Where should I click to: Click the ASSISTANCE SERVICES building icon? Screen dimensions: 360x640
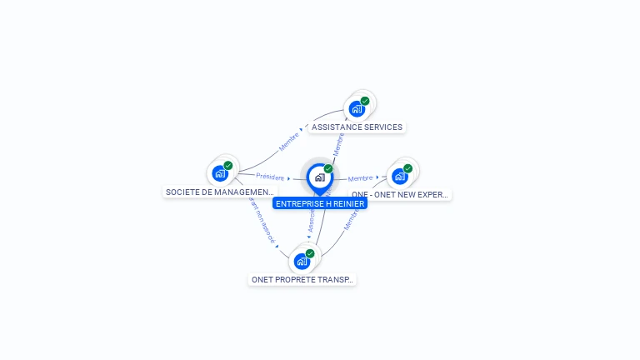point(357,109)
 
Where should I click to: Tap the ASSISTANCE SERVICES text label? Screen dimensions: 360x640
point(357,127)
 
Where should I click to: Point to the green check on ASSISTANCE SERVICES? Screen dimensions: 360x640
point(365,101)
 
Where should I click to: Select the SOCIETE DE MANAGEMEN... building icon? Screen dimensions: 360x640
point(220,173)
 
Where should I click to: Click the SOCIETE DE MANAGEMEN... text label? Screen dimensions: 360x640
point(219,192)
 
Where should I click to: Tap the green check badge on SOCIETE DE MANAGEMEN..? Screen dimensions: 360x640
point(228,165)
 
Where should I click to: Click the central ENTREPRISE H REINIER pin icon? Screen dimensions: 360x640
point(319,177)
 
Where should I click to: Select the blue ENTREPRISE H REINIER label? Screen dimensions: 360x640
point(320,203)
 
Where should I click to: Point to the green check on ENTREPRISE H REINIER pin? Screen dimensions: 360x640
point(328,169)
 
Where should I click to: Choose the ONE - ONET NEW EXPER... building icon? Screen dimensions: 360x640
point(400,177)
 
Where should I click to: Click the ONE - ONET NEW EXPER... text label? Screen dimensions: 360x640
point(401,195)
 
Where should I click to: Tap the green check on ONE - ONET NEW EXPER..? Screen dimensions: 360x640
point(408,168)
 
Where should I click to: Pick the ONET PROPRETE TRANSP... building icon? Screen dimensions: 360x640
point(302,262)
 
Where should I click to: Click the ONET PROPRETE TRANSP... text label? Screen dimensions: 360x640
point(302,280)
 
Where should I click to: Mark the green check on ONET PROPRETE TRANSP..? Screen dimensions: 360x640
point(310,253)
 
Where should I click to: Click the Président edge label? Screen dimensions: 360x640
point(270,177)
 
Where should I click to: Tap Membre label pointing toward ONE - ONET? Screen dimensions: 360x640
point(360,178)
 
